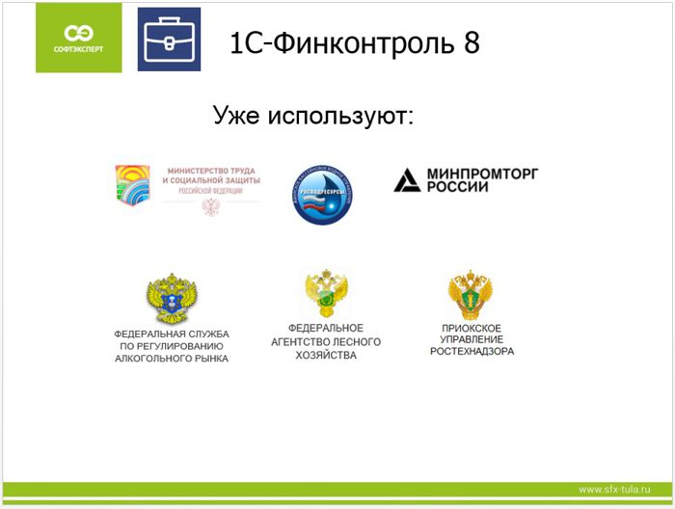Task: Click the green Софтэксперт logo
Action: click(x=79, y=38)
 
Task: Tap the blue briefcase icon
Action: click(x=169, y=40)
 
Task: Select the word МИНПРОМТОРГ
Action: click(x=478, y=173)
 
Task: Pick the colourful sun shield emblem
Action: click(x=133, y=185)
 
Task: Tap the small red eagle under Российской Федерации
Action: click(x=210, y=206)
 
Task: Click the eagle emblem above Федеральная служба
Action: click(x=172, y=300)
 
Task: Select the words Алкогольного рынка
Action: click(x=172, y=358)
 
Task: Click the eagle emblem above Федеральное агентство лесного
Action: click(x=327, y=294)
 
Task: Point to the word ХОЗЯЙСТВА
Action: click(x=328, y=356)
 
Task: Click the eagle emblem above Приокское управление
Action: click(x=471, y=296)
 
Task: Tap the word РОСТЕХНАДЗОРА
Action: click(x=472, y=352)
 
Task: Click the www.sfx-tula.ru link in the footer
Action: click(x=613, y=488)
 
